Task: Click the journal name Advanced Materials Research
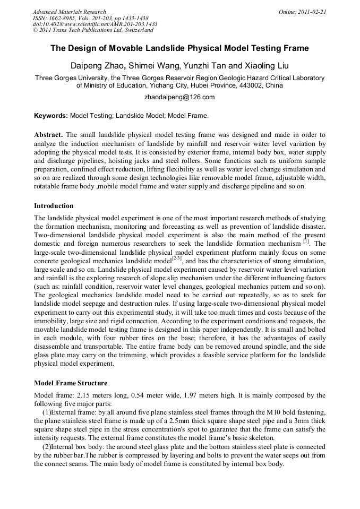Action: pos(69,12)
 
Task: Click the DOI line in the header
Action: pos(95,24)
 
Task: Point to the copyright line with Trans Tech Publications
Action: pos(93,31)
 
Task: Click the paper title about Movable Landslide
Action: pos(179,48)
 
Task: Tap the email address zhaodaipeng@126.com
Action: pos(179,97)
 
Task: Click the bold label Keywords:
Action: pos(51,115)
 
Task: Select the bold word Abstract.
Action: pos(49,135)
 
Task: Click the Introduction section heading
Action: pos(54,205)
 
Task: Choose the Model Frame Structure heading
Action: pos(70,383)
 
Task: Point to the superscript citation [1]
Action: pos(306,240)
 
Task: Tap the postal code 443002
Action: pos(248,85)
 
